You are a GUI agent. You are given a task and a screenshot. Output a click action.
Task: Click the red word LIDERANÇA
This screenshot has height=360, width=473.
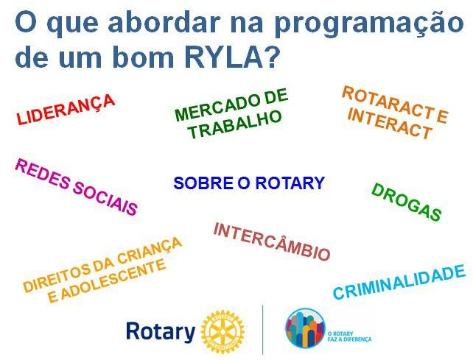click(x=66, y=109)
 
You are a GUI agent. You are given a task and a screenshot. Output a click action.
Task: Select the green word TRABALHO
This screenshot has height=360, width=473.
click(x=235, y=124)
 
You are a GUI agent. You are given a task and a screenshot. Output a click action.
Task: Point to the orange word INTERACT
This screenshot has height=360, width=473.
click(x=390, y=124)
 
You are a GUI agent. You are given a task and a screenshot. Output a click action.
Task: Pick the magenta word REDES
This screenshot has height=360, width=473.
click(x=42, y=174)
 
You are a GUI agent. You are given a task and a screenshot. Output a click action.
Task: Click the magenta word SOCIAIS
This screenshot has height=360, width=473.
click(x=105, y=198)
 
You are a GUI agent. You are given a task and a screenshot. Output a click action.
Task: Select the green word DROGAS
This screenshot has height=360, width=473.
click(x=407, y=202)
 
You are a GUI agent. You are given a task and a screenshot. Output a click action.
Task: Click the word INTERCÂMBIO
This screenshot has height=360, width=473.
click(x=271, y=241)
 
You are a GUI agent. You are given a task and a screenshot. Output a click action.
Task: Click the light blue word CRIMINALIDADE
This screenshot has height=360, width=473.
click(x=399, y=282)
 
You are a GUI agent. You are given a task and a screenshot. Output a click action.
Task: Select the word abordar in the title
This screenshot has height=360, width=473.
click(x=164, y=22)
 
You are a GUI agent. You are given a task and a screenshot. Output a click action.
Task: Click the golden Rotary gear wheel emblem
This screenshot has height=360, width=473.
click(x=223, y=331)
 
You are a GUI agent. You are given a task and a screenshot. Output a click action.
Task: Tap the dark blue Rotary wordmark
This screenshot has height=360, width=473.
click(x=161, y=332)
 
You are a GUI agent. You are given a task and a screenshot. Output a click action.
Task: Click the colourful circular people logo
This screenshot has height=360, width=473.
click(x=305, y=328)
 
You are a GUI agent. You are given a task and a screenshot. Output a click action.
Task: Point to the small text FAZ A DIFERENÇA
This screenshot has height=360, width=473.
click(x=349, y=339)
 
